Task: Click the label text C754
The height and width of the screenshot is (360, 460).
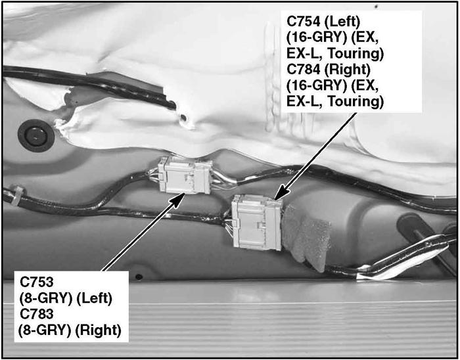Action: tap(303, 22)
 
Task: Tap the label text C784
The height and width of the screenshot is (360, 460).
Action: tap(304, 70)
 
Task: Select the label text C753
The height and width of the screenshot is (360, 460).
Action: tap(37, 282)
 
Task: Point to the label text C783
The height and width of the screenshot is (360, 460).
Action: tap(37, 314)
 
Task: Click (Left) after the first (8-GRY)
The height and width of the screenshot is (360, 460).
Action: tap(94, 298)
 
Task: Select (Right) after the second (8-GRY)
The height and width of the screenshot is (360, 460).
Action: tap(99, 330)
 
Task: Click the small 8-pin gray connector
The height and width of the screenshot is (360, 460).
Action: tap(185, 175)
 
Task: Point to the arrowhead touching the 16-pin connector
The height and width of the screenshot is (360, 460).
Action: tap(281, 192)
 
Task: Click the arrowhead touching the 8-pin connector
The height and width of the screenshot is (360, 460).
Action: tap(177, 199)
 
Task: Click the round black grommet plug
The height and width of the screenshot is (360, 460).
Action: tap(35, 135)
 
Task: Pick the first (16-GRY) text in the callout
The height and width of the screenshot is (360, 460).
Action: tap(315, 37)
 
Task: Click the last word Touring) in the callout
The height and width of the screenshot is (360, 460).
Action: tap(356, 101)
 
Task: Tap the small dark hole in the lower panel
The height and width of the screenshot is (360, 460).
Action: tap(139, 277)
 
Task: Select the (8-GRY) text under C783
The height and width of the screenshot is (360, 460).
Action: tap(45, 330)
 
